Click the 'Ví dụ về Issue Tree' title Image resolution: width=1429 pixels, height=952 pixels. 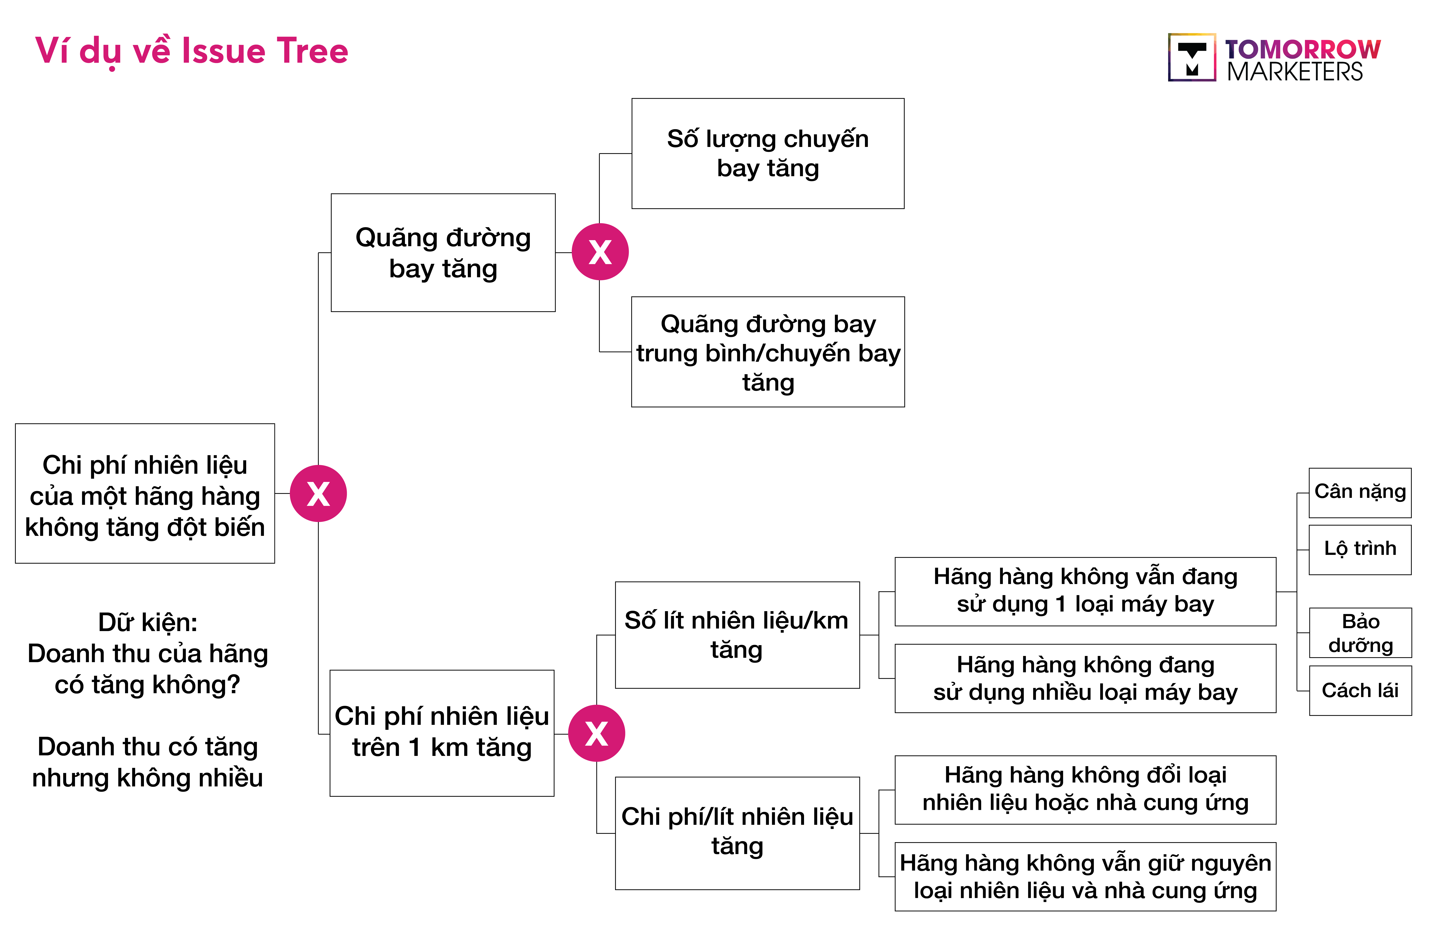[x=191, y=51]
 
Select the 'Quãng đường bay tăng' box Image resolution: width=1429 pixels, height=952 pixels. [x=443, y=253]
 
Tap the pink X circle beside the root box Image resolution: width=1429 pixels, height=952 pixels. [x=318, y=494]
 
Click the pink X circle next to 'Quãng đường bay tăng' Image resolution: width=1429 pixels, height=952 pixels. [x=600, y=252]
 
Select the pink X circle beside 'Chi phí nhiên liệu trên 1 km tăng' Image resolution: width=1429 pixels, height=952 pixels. [x=597, y=733]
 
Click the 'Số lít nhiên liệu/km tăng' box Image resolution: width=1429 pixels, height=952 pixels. [x=737, y=635]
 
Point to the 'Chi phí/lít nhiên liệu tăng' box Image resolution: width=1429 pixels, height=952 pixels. [x=737, y=833]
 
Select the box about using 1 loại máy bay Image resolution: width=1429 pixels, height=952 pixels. [x=1085, y=591]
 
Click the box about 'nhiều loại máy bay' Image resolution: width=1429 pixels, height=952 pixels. [x=1085, y=678]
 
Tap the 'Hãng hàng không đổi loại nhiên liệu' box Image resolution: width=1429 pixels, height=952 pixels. [x=1085, y=790]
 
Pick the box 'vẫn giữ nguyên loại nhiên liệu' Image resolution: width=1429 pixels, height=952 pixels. [x=1085, y=877]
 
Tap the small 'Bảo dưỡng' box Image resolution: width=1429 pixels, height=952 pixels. [x=1360, y=633]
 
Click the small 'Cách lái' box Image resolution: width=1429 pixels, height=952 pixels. [x=1360, y=690]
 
